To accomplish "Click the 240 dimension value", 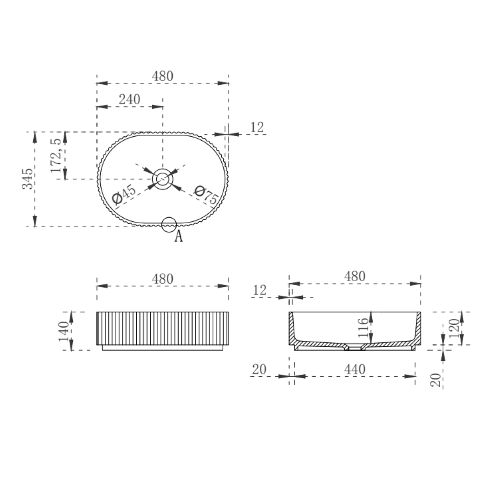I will point(129,99).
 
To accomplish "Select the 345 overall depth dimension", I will point(28,179).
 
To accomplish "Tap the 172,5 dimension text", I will point(56,155).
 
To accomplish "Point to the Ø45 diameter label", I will point(123,195).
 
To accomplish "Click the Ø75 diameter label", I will point(205,195).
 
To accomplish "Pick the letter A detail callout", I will point(179,236).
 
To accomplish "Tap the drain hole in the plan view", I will point(163,179).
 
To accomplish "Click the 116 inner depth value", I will point(363,328).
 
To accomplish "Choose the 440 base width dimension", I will point(354,369).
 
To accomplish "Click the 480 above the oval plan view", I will point(163,76).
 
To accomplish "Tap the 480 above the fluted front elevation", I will point(163,279).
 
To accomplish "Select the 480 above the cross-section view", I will point(354,277).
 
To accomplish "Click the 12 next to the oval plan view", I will point(257,128).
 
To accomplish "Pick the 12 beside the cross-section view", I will point(260,290).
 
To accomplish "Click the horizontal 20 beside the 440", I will point(259,369).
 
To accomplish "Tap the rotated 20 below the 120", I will point(436,379).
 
